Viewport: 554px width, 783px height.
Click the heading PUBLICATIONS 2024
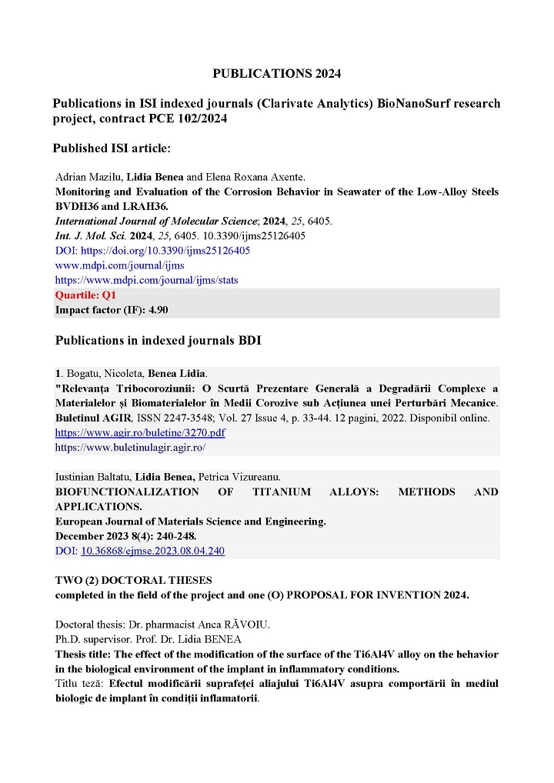point(276,74)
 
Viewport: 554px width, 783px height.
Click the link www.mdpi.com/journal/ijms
point(119,265)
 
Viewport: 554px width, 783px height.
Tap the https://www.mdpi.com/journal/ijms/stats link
point(146,280)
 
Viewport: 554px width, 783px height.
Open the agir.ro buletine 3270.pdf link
point(140,432)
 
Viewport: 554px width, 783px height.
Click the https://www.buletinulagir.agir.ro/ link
point(130,447)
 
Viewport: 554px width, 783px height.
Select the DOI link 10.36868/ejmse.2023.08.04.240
point(152,551)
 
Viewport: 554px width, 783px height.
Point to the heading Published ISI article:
point(112,148)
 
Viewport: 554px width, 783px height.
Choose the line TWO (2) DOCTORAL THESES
point(133,580)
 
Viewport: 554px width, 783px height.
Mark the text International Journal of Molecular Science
point(155,222)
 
